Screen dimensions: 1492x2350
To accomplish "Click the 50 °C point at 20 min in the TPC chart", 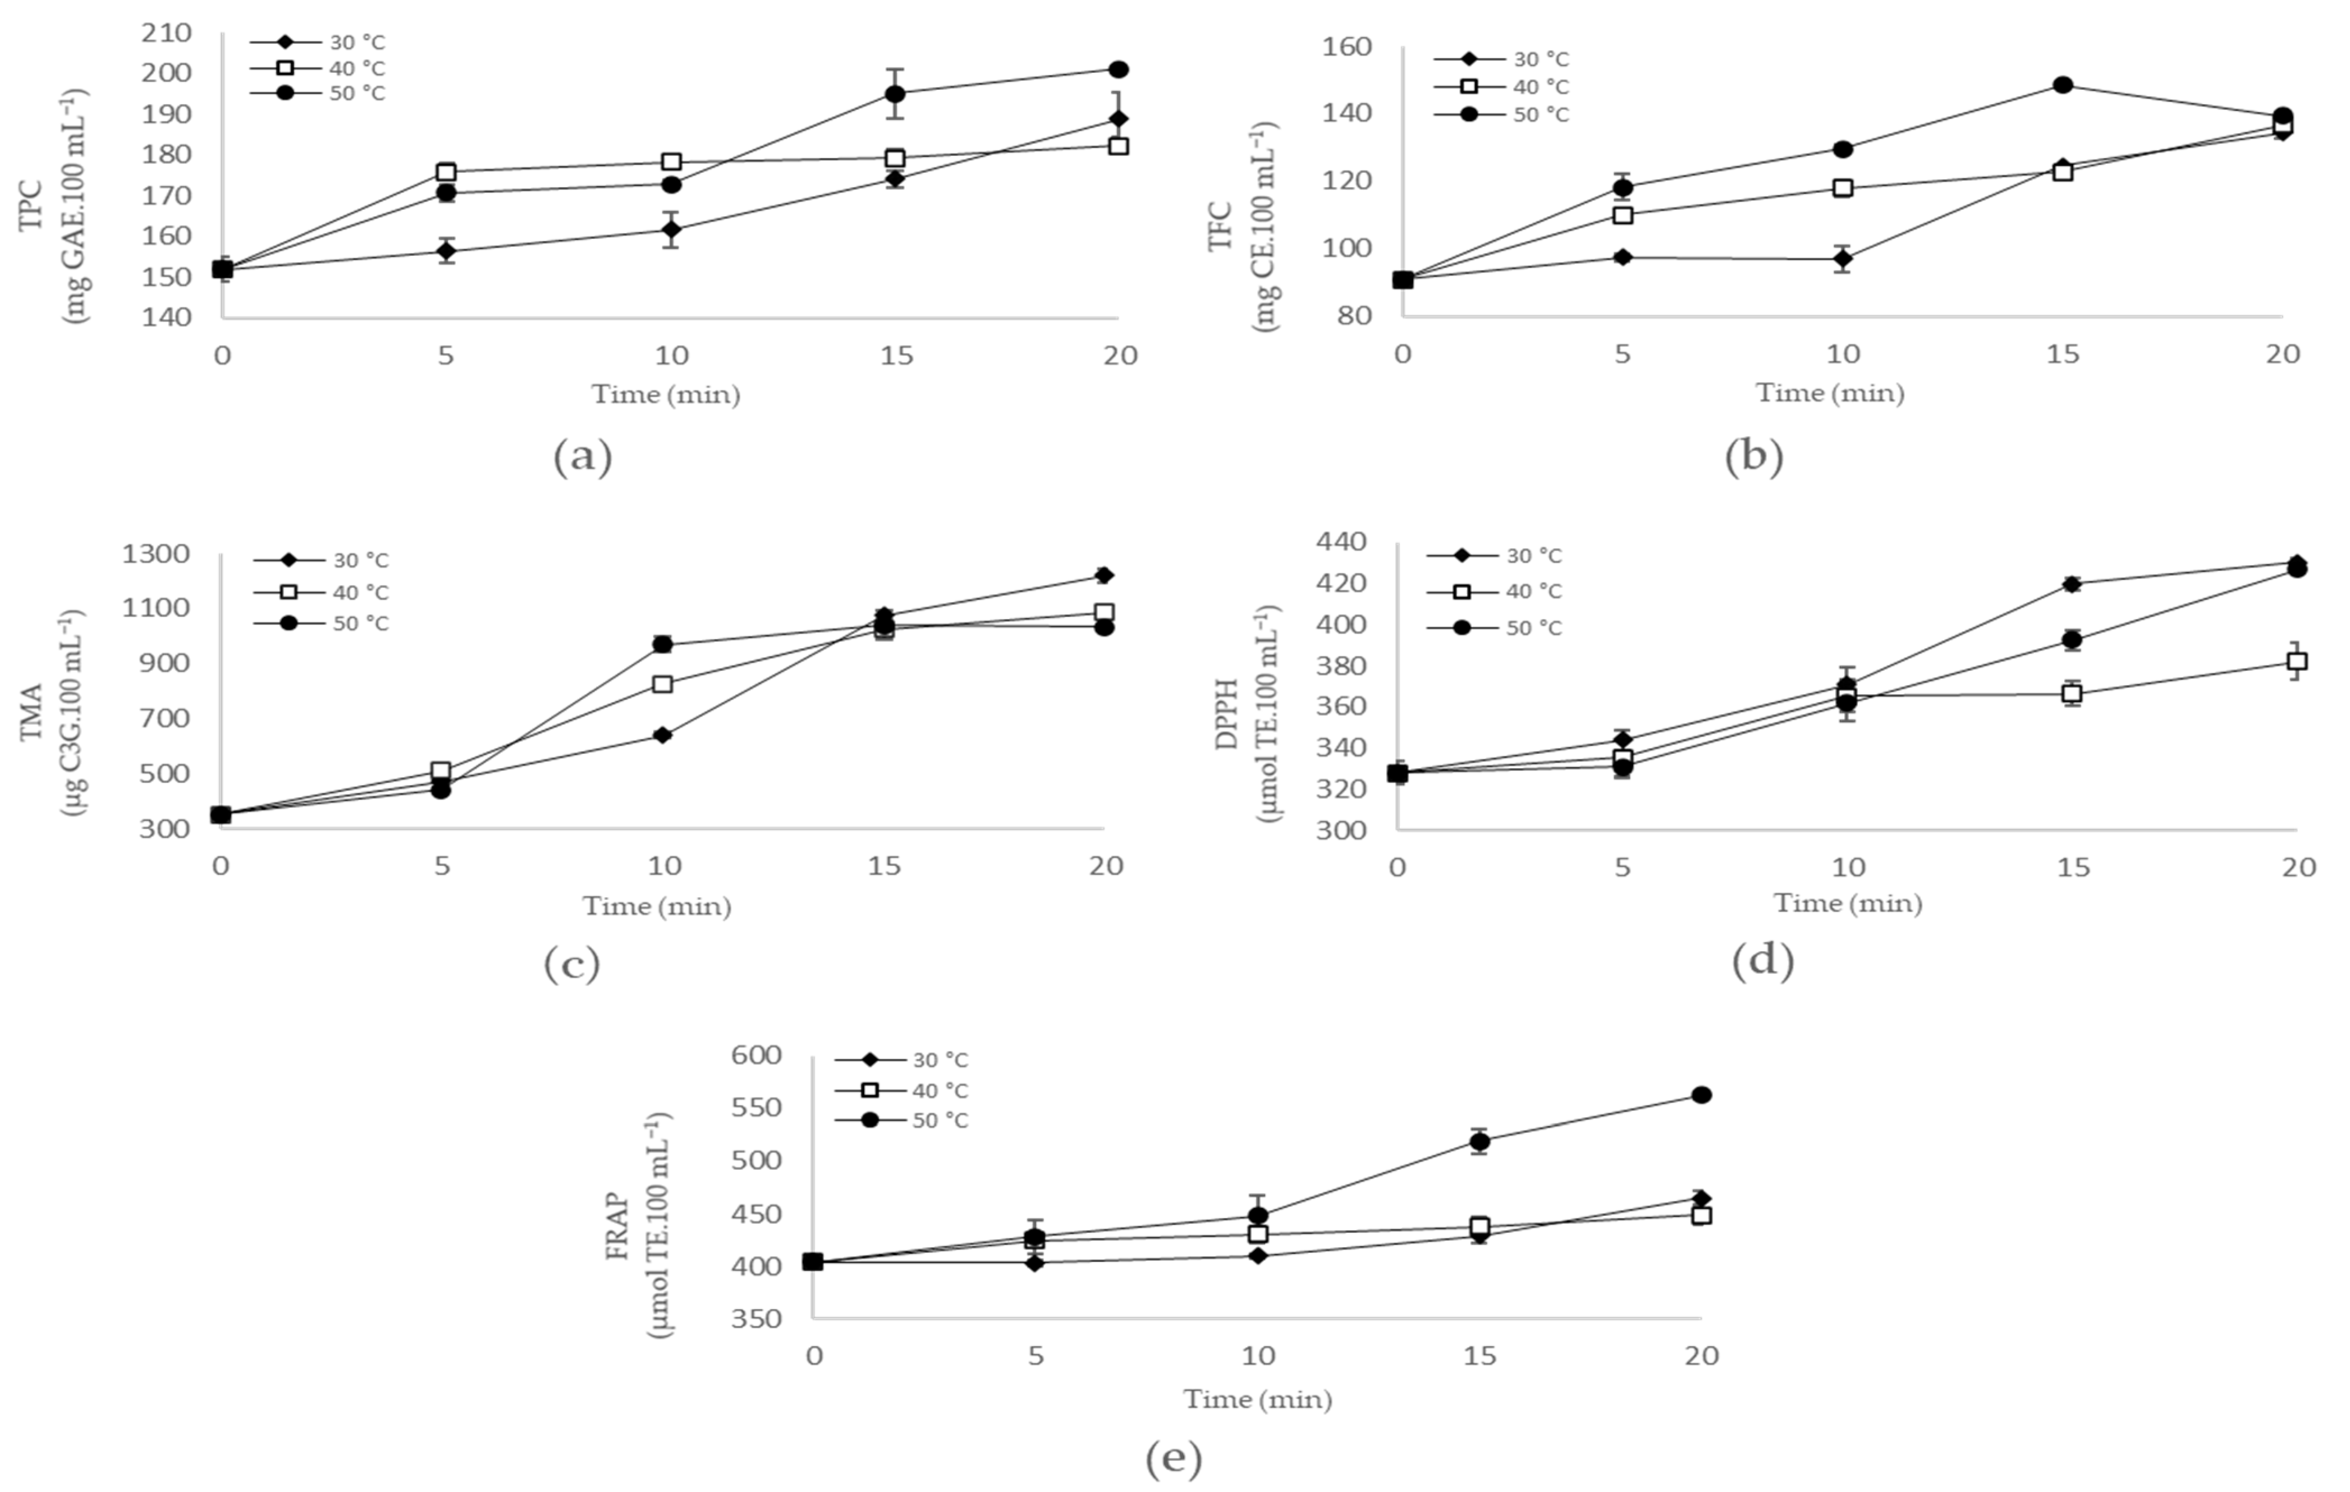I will (1119, 69).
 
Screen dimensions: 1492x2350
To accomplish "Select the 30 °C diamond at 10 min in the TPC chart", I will (671, 229).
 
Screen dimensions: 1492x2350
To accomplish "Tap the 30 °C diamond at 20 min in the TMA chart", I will (1104, 575).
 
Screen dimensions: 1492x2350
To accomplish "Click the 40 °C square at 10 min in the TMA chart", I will (663, 684).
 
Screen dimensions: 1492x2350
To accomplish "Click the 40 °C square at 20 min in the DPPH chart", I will (2297, 662).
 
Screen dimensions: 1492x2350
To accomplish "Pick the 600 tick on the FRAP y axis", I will (757, 1055).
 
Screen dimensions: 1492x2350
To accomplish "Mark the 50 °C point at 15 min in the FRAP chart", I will (1479, 1141).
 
